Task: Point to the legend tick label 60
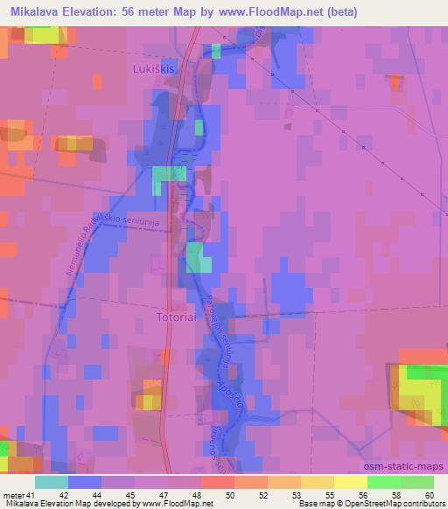(429, 494)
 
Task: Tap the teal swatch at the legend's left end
(52, 482)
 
